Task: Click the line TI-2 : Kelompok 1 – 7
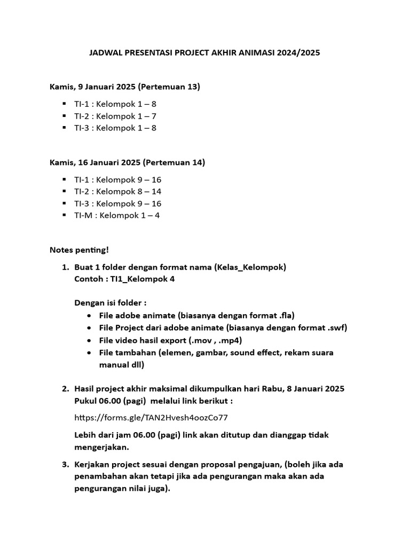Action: point(115,116)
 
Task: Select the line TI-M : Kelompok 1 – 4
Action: point(117,215)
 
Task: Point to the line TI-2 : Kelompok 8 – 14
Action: point(118,191)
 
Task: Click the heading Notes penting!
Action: point(79,249)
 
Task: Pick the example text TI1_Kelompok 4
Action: point(143,279)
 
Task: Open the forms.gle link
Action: point(154,417)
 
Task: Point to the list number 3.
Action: point(65,464)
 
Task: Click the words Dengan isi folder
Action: point(109,302)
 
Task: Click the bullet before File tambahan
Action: point(89,353)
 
